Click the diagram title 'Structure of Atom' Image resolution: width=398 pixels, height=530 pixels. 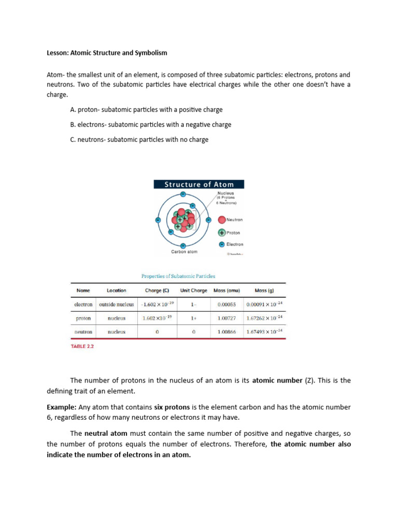click(199, 184)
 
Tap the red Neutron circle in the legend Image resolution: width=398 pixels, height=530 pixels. click(222, 220)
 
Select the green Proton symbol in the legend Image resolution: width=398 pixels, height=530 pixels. click(222, 232)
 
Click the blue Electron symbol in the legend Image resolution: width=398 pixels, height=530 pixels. click(222, 244)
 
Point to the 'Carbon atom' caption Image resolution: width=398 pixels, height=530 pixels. click(184, 252)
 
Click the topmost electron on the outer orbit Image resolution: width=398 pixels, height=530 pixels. click(183, 194)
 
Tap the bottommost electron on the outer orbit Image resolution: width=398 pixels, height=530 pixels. click(183, 245)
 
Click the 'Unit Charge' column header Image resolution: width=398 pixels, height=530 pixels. click(193, 290)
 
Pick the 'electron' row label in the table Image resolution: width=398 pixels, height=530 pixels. click(83, 304)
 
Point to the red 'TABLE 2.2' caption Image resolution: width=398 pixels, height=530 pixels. click(82, 347)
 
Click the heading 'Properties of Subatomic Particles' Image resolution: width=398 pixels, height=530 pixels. click(178, 276)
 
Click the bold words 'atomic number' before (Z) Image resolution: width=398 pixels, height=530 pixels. click(277, 380)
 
